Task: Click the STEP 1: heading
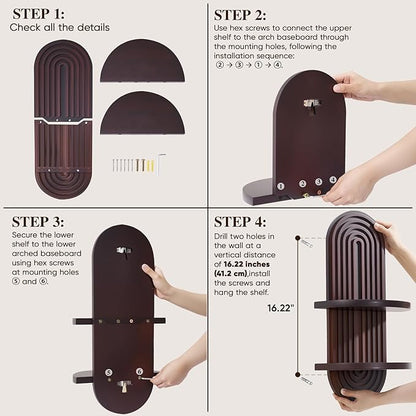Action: (39, 14)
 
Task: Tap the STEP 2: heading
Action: (240, 15)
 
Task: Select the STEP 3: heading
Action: (38, 222)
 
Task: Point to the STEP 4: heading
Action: (240, 222)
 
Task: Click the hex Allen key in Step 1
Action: (161, 163)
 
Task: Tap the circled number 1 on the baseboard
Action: (281, 186)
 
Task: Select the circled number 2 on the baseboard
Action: (302, 183)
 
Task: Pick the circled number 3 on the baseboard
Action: (319, 182)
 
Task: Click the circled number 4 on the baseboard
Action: (333, 180)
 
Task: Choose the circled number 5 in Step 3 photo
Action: (109, 373)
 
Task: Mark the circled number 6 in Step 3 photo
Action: (139, 371)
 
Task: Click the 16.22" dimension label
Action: (281, 308)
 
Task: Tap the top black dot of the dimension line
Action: (298, 238)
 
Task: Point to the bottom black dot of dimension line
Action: (298, 374)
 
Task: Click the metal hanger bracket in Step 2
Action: (310, 105)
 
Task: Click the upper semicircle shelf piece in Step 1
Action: (142, 62)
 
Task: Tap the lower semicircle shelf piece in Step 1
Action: (142, 113)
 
